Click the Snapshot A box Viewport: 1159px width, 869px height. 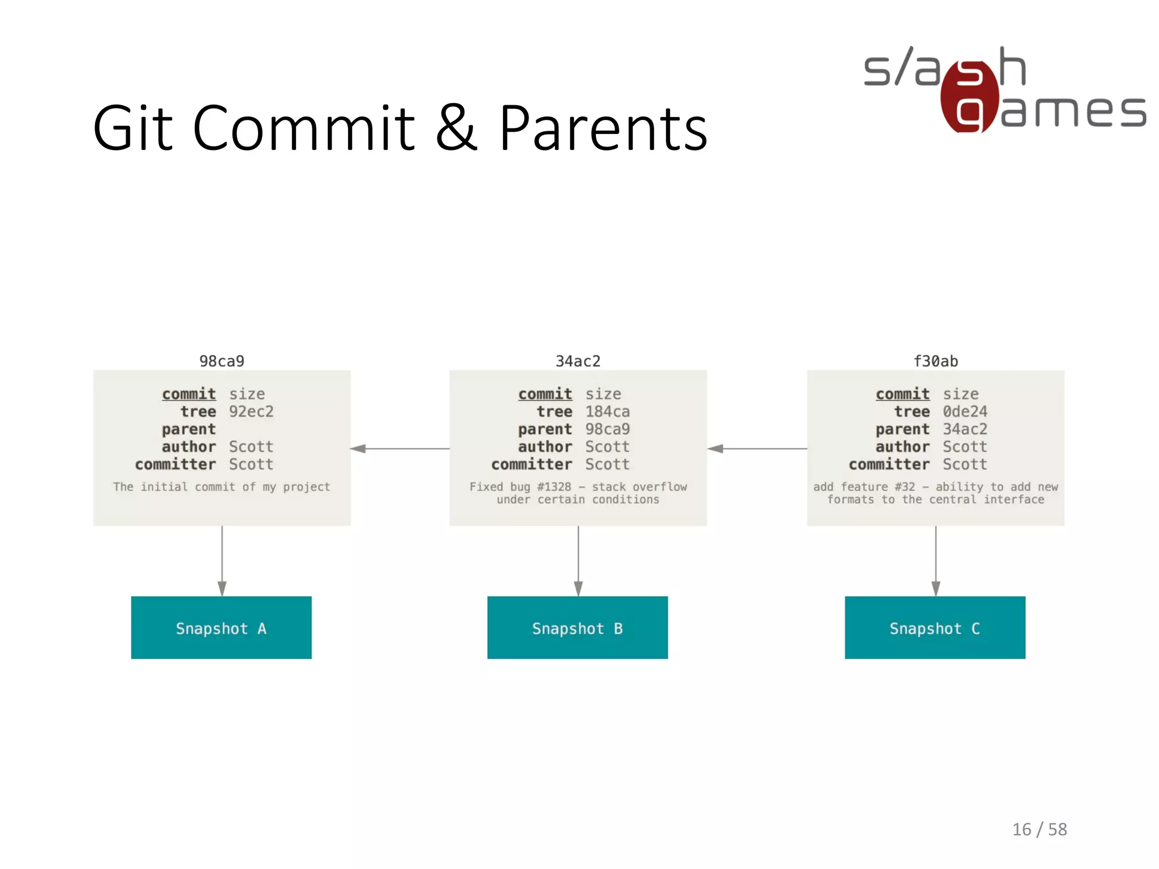coord(221,627)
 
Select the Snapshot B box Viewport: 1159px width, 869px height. coord(577,627)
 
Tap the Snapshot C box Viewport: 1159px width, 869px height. coord(935,627)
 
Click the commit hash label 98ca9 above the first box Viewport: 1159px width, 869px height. coord(222,361)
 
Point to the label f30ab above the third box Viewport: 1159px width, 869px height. coord(935,361)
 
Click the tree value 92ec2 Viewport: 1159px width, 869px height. coord(251,411)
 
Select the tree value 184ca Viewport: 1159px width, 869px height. coord(607,411)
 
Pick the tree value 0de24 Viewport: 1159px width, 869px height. coord(964,411)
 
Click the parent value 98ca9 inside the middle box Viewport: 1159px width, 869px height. coord(607,429)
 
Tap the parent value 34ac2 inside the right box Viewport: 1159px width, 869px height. coord(964,429)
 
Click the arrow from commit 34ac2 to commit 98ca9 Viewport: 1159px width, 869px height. coord(400,449)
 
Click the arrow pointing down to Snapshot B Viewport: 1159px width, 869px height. coord(578,560)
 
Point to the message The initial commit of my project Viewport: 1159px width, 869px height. coord(221,487)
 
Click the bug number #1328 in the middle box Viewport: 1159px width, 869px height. coord(554,487)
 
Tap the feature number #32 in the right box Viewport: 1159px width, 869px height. coord(904,487)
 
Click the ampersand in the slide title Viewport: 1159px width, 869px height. coord(456,128)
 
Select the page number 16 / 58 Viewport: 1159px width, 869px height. coord(1039,829)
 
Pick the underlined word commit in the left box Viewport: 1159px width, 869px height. coord(189,394)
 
